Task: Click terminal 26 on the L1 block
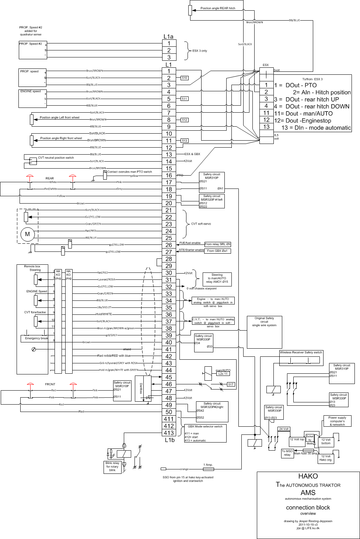point(169,245)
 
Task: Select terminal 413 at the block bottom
point(169,433)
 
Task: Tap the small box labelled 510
point(185,78)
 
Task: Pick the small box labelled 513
point(185,141)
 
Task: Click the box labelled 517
point(231,384)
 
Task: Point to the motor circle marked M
point(27,234)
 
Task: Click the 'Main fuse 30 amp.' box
point(305,454)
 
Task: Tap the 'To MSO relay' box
point(287,453)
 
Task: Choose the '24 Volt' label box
point(284,429)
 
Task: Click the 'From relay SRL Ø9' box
point(218,244)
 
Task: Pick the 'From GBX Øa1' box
point(217,251)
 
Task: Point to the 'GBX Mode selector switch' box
point(205,433)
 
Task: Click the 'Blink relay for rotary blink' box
point(112,466)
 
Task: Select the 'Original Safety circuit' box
point(264,332)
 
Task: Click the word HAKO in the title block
point(308,476)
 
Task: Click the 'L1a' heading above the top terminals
point(168,36)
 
